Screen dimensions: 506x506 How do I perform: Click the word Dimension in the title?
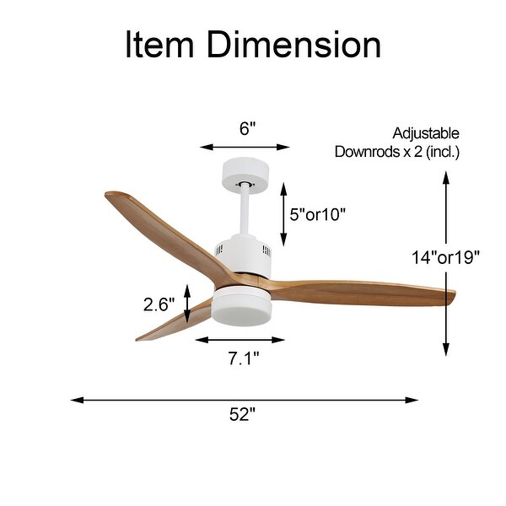tap(293, 45)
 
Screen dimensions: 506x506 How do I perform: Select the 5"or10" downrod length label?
tap(318, 214)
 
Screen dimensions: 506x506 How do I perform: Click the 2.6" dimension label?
tap(159, 304)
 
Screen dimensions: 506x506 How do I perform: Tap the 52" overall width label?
tap(242, 414)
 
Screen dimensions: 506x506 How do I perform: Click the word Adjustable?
tap(426, 133)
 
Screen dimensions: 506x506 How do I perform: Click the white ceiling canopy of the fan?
tap(245, 174)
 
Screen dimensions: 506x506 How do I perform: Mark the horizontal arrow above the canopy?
tap(245, 147)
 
